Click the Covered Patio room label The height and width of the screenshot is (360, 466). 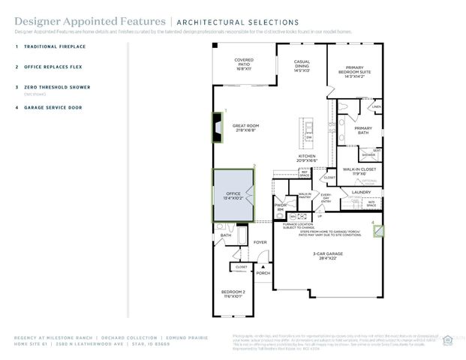(x=244, y=62)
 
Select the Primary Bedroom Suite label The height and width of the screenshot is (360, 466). (x=354, y=71)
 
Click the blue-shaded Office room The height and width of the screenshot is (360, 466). (x=234, y=196)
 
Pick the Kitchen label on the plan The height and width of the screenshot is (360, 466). (x=308, y=158)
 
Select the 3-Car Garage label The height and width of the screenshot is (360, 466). (x=327, y=256)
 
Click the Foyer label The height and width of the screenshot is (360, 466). (x=260, y=242)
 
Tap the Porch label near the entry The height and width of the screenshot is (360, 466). (x=263, y=272)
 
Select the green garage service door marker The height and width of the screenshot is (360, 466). (x=378, y=231)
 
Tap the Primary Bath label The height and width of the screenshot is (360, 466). (x=363, y=130)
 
